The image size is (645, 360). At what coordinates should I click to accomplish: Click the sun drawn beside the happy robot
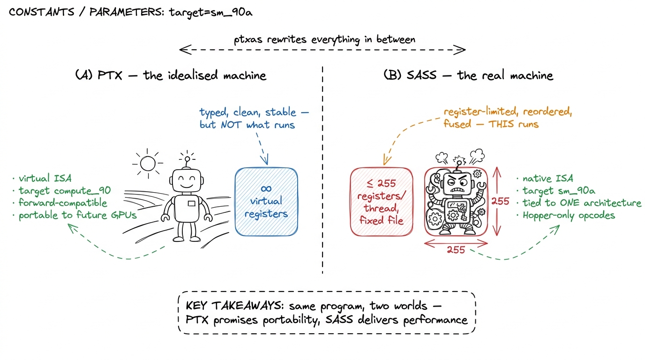click(148, 163)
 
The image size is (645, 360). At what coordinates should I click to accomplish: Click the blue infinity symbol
click(266, 188)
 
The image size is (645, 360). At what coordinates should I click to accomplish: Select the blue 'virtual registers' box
click(266, 202)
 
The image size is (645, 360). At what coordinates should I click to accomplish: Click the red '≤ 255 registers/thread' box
click(382, 202)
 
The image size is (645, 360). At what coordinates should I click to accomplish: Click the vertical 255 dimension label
click(500, 201)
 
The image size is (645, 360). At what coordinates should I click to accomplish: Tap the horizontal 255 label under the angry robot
click(456, 249)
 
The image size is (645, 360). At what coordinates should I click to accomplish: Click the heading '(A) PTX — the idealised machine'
click(171, 75)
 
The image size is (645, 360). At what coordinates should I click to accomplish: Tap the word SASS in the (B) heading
click(421, 75)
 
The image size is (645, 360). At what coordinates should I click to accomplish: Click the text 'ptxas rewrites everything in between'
click(324, 40)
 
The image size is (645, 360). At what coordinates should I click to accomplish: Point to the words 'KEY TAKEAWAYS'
click(235, 306)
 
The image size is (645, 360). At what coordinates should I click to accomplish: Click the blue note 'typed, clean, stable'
click(248, 112)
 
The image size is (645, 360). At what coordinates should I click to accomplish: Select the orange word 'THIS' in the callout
click(501, 124)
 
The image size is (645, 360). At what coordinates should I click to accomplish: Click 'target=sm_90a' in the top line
click(211, 12)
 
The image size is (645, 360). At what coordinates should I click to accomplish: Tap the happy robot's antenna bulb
click(187, 159)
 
